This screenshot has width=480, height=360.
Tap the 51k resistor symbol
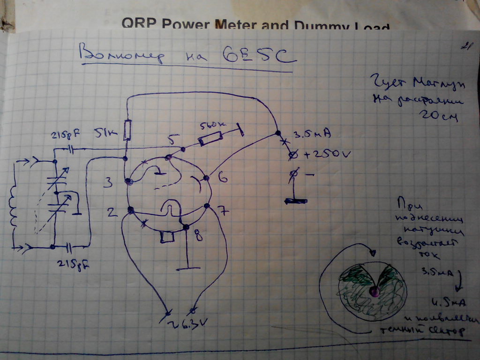127,130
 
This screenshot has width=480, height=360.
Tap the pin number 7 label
224,211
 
